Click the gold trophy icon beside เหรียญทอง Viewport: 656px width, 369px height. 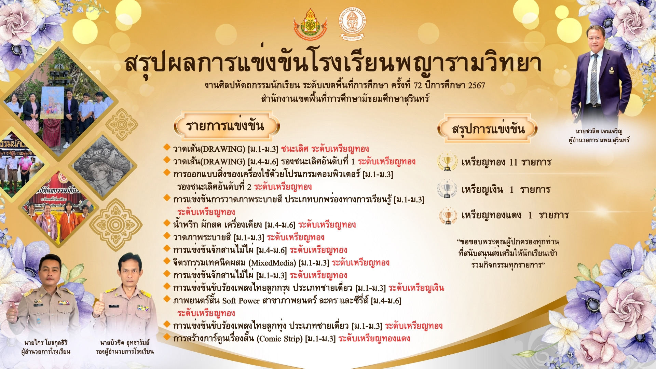tap(447, 162)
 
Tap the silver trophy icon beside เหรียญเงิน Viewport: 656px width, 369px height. tap(447, 189)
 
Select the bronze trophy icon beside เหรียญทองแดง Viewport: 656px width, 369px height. tap(448, 216)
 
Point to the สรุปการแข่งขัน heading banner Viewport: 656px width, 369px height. tap(488, 129)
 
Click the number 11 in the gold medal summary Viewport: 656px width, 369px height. tap(513, 162)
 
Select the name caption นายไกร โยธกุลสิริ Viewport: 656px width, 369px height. tap(46, 342)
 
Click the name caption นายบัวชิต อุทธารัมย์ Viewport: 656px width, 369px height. tap(125, 342)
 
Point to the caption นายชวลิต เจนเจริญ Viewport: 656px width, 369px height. tap(599, 131)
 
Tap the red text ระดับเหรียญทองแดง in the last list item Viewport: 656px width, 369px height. tap(374, 339)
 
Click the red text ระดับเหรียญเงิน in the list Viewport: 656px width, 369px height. tap(416, 288)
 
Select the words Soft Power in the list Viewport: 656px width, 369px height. tap(241, 301)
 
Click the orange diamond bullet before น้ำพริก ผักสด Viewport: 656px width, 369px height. tap(167, 223)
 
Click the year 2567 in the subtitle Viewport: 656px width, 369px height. tap(476, 85)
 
